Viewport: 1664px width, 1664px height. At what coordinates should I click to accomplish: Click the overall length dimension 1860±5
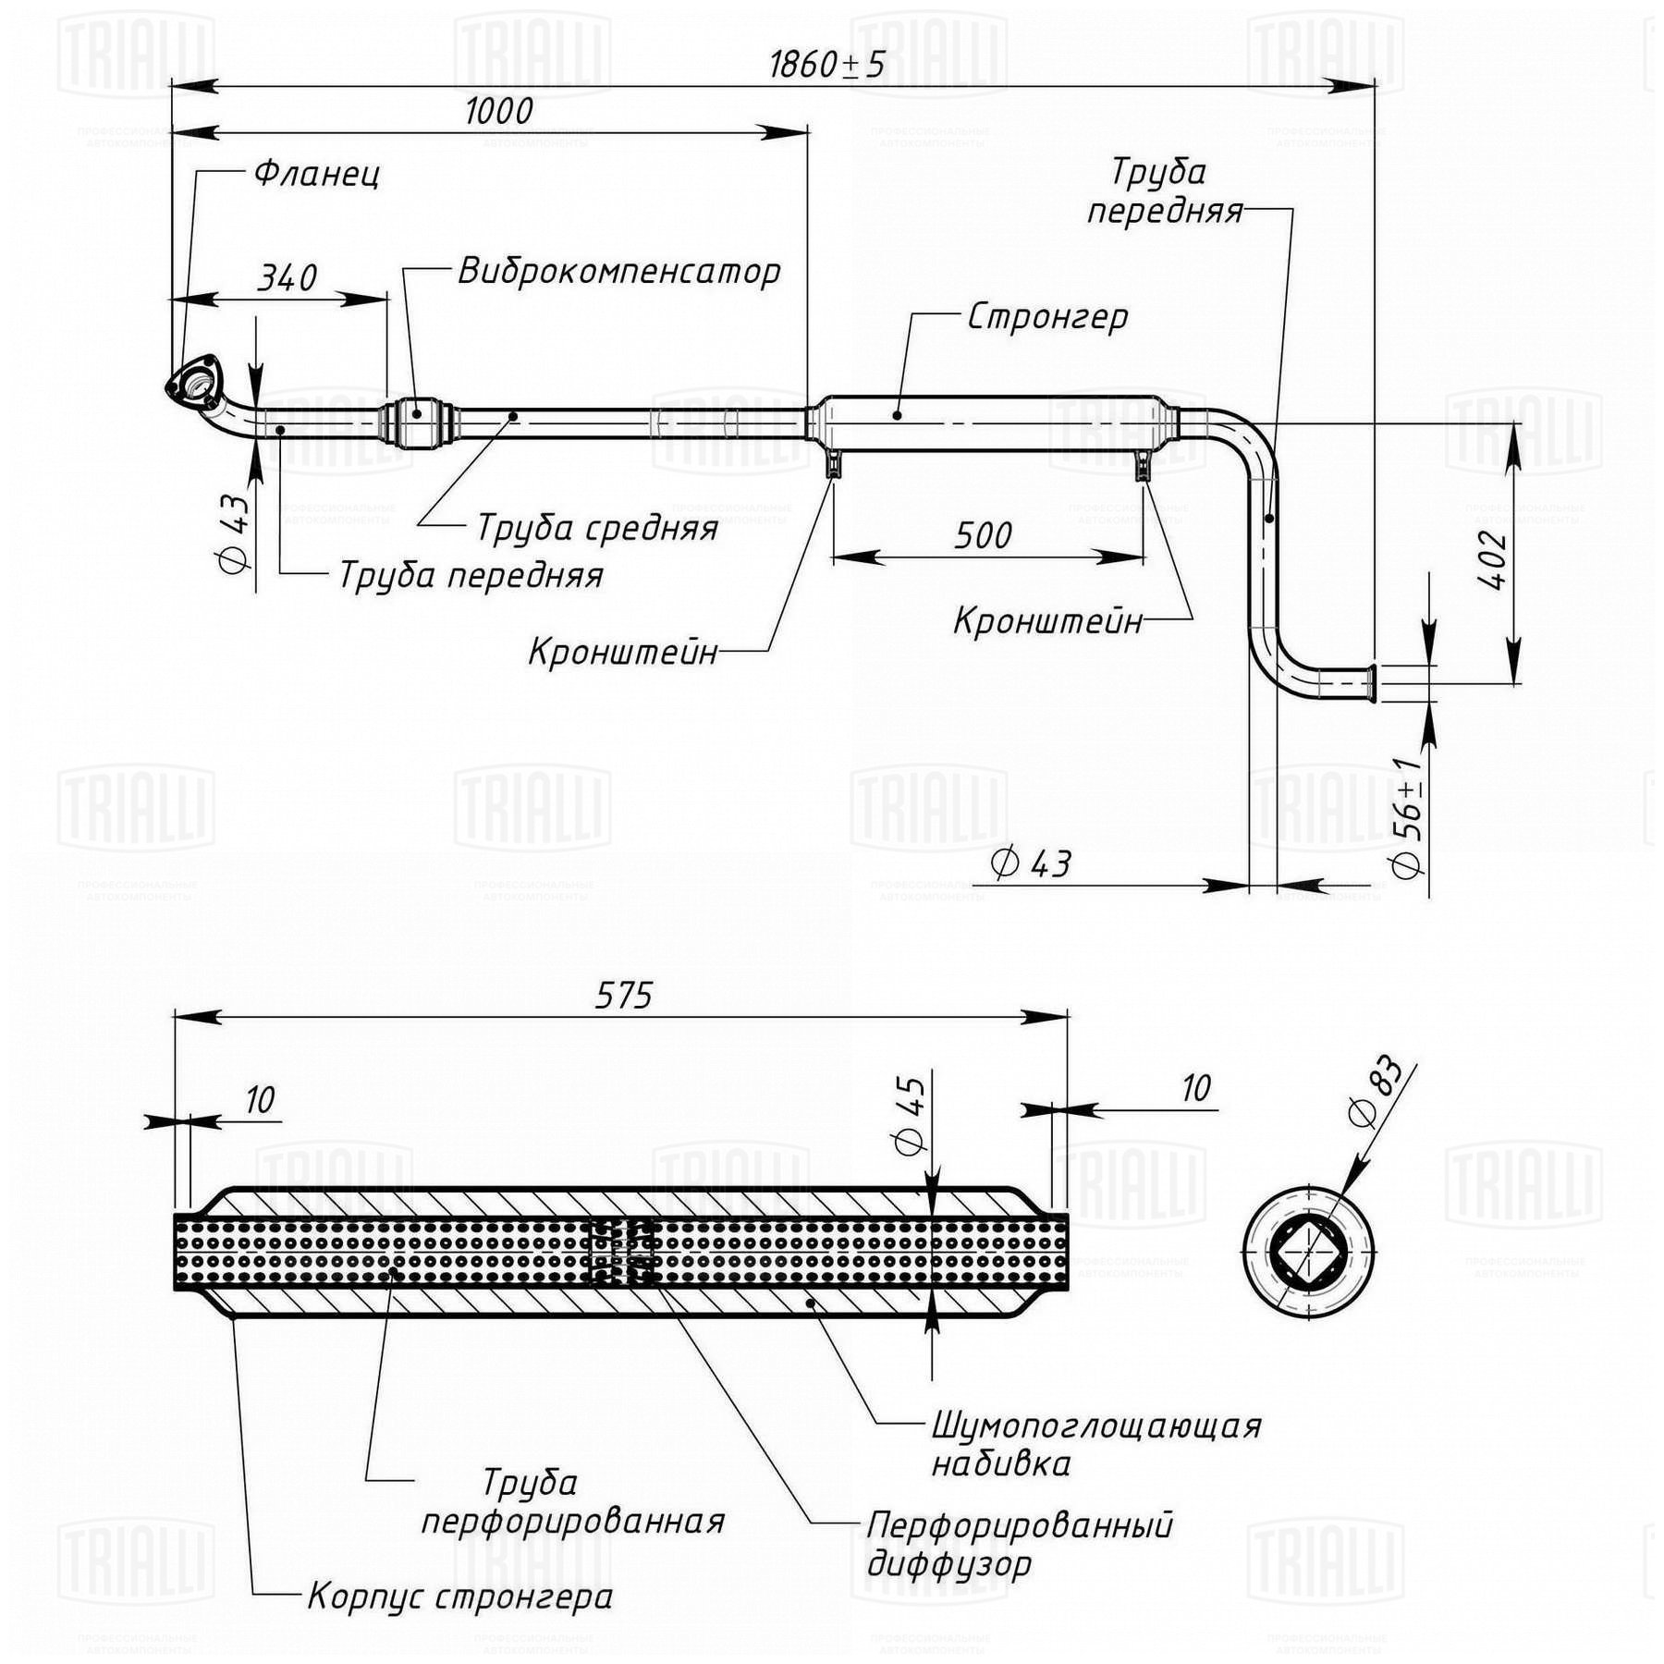tap(827, 65)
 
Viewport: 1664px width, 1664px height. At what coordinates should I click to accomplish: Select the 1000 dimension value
tap(499, 111)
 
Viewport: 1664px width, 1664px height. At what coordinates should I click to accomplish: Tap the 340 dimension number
tap(287, 277)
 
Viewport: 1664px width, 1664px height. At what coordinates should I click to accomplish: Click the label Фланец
tap(317, 174)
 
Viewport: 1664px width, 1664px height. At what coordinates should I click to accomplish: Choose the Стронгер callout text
tap(1048, 317)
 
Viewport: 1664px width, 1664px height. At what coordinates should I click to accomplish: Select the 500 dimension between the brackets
tap(983, 535)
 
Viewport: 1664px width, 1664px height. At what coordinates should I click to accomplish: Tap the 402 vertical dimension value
tap(1492, 561)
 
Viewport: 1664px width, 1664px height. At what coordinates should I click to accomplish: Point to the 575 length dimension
tap(624, 996)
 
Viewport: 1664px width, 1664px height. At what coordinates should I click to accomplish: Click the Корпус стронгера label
tap(460, 1597)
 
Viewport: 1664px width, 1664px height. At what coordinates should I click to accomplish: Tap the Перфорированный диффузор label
tap(1020, 1544)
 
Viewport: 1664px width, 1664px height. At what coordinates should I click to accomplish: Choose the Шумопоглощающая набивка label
tap(1096, 1444)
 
